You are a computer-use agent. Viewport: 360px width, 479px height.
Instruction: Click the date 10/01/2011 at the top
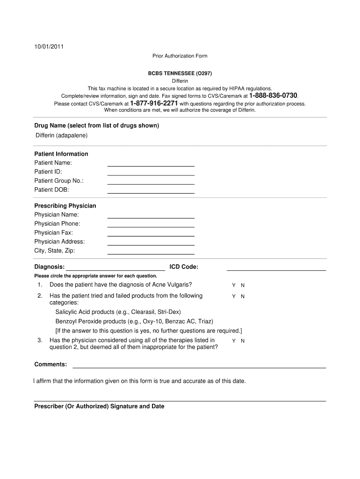pyautogui.click(x=49, y=47)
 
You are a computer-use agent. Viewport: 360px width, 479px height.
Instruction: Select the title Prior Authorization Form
pyautogui.click(x=180, y=56)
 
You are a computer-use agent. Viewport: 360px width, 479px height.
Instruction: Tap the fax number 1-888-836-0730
pyautogui.click(x=273, y=95)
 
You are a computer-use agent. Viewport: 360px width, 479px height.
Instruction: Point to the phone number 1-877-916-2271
pyautogui.click(x=154, y=103)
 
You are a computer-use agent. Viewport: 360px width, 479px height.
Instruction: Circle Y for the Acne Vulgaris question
pyautogui.click(x=234, y=285)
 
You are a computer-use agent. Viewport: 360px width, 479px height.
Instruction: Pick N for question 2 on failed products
pyautogui.click(x=243, y=296)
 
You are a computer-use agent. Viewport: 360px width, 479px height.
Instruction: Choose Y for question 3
pyautogui.click(x=234, y=341)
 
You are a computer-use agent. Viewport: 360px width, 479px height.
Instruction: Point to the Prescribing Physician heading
pyautogui.click(x=65, y=206)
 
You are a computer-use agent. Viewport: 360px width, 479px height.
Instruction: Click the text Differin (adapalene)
pyautogui.click(x=62, y=136)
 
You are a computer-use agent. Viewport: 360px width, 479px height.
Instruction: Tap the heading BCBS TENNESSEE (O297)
pyautogui.click(x=180, y=74)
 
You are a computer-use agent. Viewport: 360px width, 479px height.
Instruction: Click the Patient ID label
pyautogui.click(x=48, y=172)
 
